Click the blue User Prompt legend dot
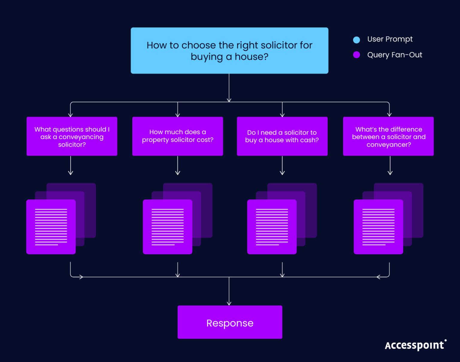coord(356,40)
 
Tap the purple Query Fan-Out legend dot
coord(356,55)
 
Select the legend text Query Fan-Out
coord(394,55)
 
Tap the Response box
coord(230,322)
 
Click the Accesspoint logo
coord(415,345)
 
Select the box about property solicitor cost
coord(178,136)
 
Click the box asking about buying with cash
coord(282,136)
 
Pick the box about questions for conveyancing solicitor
coord(72,136)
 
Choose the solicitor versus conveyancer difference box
coord(388,136)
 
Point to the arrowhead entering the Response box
coord(229,303)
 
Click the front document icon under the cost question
coord(167,227)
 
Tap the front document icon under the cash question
coord(272,227)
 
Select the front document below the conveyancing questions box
coord(51,227)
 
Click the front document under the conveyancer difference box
coord(378,227)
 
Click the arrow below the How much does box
coord(178,166)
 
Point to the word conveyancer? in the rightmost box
coord(389,145)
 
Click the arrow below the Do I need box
coord(282,166)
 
